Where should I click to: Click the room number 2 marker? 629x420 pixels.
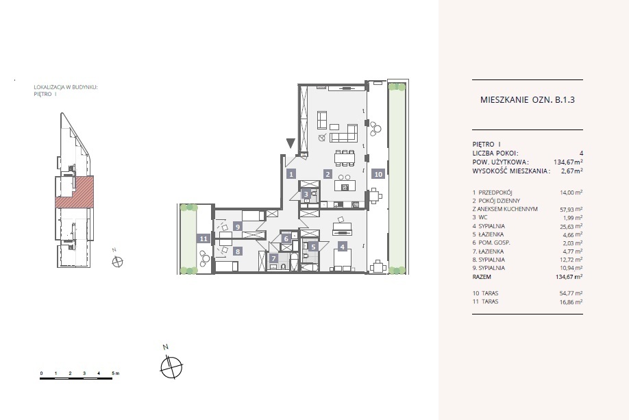click(x=328, y=174)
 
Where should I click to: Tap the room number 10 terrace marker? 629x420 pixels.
click(x=378, y=174)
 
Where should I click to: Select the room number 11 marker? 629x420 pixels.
click(x=203, y=238)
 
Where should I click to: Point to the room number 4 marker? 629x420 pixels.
click(x=342, y=247)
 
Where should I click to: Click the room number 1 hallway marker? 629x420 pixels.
click(x=291, y=174)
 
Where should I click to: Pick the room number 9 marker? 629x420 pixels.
click(x=238, y=227)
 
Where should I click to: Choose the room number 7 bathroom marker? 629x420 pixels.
click(x=273, y=259)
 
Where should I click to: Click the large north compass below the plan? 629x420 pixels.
click(x=171, y=366)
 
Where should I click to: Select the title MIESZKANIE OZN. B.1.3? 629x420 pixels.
click(x=527, y=100)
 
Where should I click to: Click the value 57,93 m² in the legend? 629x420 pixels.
click(x=571, y=210)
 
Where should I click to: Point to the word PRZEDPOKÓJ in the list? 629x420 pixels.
click(x=495, y=193)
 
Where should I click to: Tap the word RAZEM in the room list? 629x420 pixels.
click(x=482, y=277)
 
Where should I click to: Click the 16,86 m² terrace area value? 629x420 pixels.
click(x=571, y=302)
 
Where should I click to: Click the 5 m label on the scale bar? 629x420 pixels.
click(x=116, y=373)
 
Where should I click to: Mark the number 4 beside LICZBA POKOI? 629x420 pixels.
click(x=581, y=153)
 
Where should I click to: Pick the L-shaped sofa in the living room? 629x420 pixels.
click(x=344, y=133)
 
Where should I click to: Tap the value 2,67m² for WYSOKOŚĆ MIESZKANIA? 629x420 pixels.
click(x=572, y=171)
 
